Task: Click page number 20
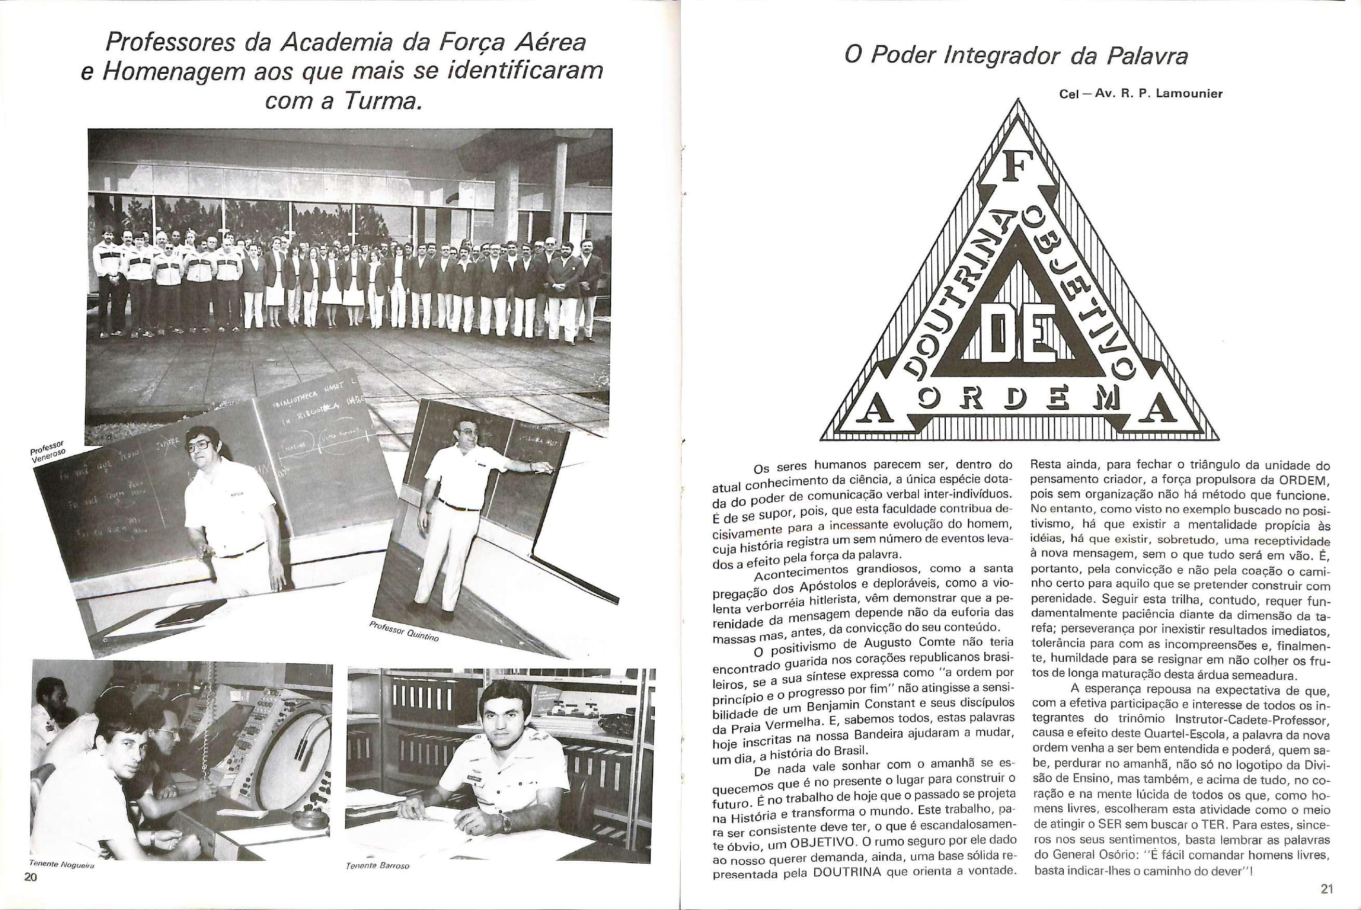coord(30,893)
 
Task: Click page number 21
coord(1327,889)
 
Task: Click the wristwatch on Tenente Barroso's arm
coord(506,821)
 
